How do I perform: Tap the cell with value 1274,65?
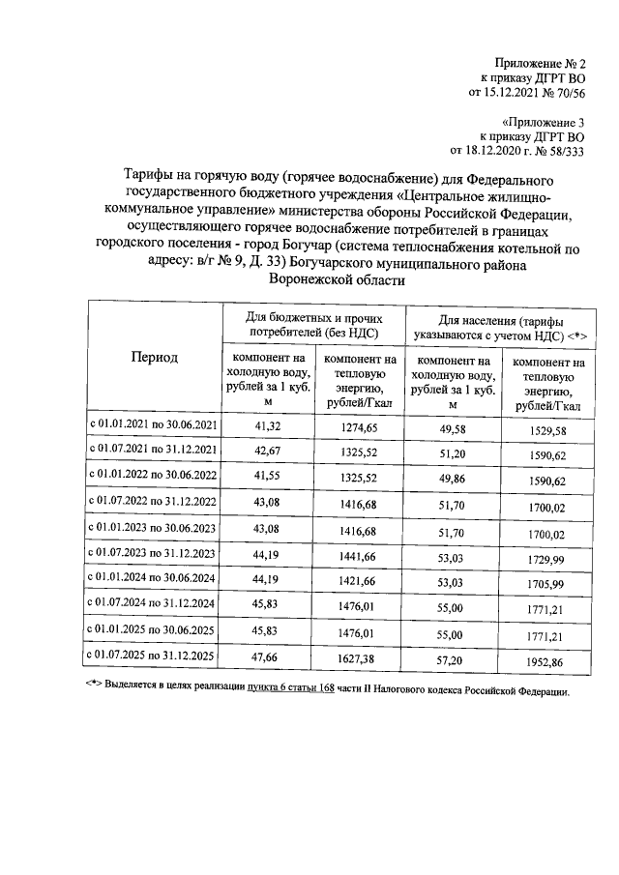tap(360, 425)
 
